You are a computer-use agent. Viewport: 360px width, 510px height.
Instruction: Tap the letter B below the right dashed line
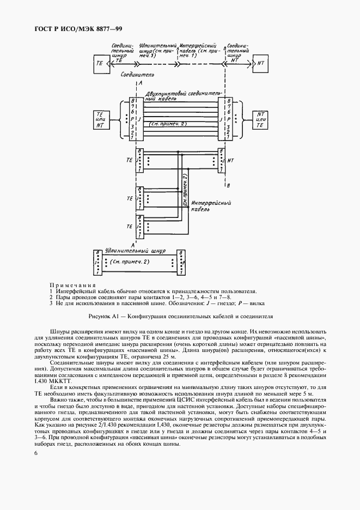pyautogui.click(x=228, y=186)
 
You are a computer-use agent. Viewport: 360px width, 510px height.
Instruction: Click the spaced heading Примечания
pyautogui.click(x=72, y=286)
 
